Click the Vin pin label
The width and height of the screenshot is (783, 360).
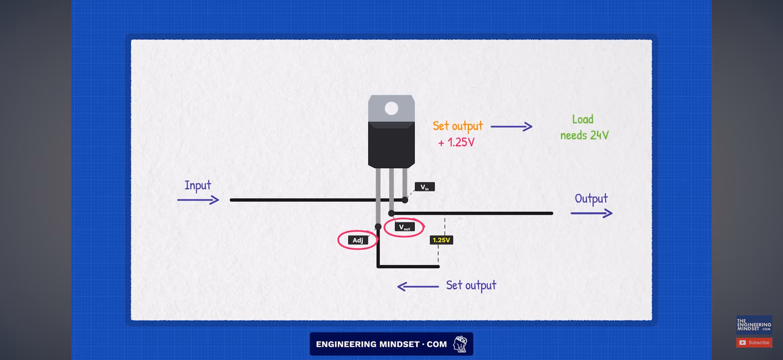[x=425, y=187]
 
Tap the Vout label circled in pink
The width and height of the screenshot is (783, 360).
[x=404, y=227]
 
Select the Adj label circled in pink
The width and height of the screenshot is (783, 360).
[x=358, y=240]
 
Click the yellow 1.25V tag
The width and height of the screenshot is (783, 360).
[x=441, y=240]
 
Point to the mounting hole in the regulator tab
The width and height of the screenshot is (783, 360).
[x=391, y=109]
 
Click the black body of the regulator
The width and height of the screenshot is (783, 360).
[x=391, y=145]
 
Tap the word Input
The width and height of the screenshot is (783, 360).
[x=198, y=185]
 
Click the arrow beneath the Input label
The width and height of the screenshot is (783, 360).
[x=198, y=200]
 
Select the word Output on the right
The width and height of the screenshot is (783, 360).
[x=592, y=199]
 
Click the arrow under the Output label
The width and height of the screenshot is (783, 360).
[x=592, y=213]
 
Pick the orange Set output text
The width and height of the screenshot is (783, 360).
[x=458, y=126]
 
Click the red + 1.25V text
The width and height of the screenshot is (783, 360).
[x=457, y=142]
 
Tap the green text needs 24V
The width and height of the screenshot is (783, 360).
[x=584, y=135]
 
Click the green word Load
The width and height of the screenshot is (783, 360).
[x=583, y=119]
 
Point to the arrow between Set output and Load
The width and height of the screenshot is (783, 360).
[x=511, y=127]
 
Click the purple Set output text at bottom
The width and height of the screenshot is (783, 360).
[x=471, y=286]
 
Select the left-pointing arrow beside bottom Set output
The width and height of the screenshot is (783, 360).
[x=418, y=287]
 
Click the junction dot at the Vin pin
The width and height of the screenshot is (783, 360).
[x=405, y=200]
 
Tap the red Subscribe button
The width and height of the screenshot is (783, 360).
[x=754, y=342]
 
